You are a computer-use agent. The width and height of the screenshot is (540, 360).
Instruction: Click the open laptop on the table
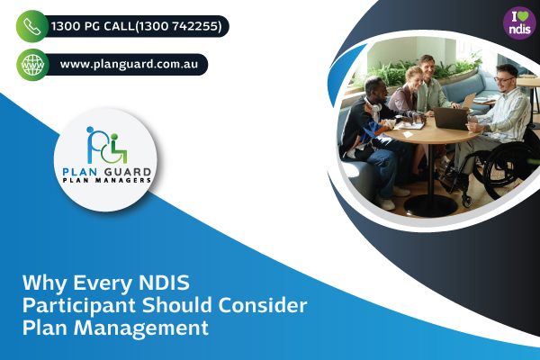click(449, 118)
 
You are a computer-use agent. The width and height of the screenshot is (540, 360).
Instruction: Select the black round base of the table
click(428, 206)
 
